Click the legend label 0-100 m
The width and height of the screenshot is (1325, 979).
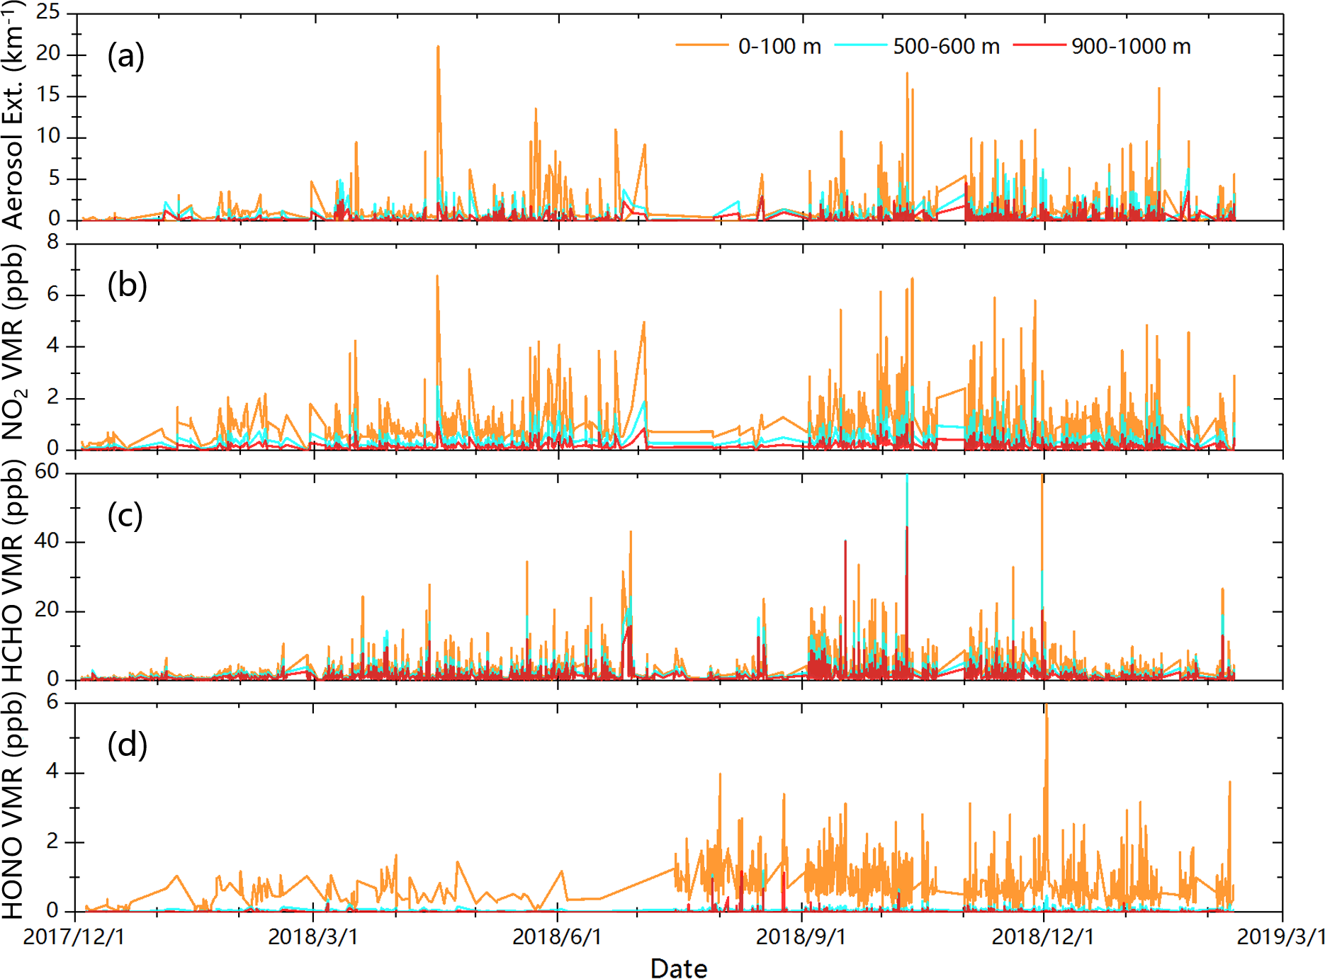point(779,47)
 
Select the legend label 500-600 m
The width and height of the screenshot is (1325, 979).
point(946,47)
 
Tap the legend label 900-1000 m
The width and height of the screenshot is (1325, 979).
point(1131,47)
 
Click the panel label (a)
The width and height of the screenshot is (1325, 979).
point(126,56)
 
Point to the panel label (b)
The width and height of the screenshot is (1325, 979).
point(128,285)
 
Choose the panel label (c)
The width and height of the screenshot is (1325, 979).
point(125,516)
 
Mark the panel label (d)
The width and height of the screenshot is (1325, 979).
point(128,745)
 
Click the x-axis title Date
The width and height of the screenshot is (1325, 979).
point(679,968)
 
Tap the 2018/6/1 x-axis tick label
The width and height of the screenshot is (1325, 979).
point(557,936)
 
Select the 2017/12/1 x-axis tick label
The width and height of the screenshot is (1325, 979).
point(74,936)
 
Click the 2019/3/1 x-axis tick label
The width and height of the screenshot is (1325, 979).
point(1281,936)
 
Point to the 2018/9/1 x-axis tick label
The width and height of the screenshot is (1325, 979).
point(801,936)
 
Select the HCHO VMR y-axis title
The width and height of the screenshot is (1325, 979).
point(14,570)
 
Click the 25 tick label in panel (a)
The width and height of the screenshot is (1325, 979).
point(48,12)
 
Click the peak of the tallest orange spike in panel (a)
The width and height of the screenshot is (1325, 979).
point(438,47)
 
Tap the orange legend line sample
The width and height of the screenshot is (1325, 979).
point(701,45)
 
